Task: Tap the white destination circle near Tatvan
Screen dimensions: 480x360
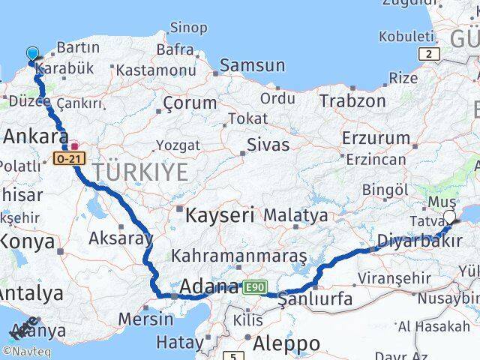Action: pyautogui.click(x=449, y=217)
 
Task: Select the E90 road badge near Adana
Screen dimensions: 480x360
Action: pyautogui.click(x=253, y=286)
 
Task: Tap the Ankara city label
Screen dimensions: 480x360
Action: pyautogui.click(x=36, y=136)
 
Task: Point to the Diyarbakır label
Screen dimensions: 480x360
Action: pyautogui.click(x=420, y=241)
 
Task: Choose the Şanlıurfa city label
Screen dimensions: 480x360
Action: pyautogui.click(x=315, y=298)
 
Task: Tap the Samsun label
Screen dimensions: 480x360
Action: pyautogui.click(x=253, y=66)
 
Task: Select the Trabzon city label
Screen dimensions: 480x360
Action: pyautogui.click(x=352, y=100)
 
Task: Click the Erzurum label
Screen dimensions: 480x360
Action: pyautogui.click(x=376, y=137)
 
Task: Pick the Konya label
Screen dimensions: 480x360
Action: pyautogui.click(x=27, y=241)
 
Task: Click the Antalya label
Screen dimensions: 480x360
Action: pyautogui.click(x=30, y=292)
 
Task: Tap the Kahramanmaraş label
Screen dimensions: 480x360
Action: pyautogui.click(x=238, y=256)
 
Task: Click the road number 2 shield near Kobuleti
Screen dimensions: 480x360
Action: pyautogui.click(x=429, y=53)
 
